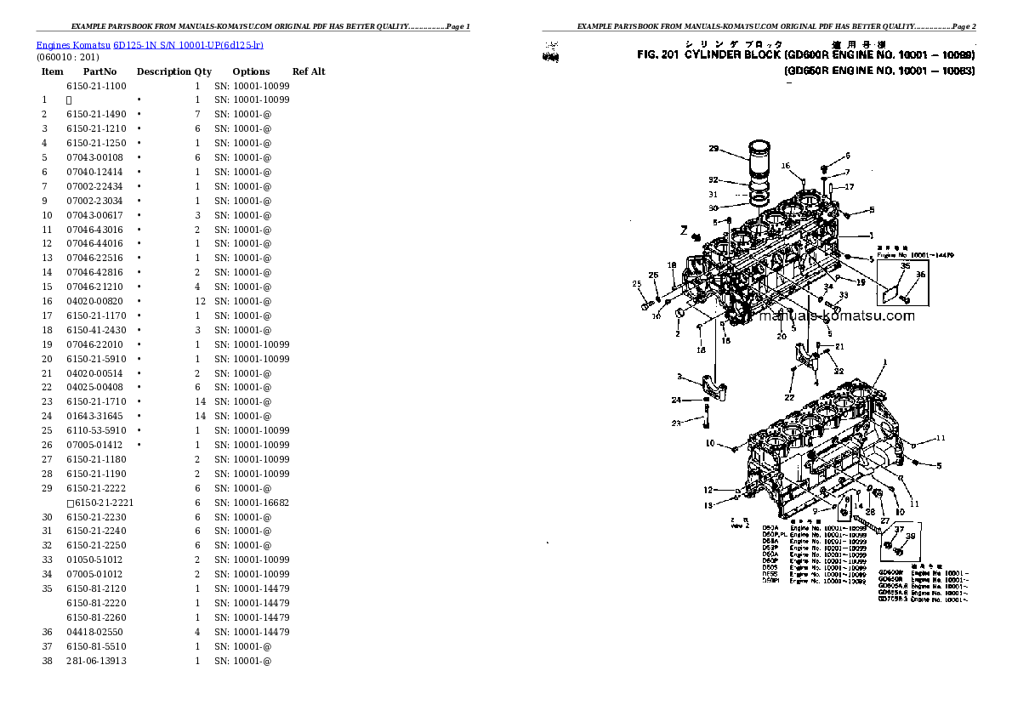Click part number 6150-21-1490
coord(95,114)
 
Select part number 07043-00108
coord(94,157)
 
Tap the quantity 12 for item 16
coord(200,301)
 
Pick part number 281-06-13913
coord(96,661)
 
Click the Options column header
coord(251,71)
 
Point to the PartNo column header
coord(99,71)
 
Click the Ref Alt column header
coord(309,71)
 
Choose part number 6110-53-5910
coord(95,430)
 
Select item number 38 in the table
coord(47,661)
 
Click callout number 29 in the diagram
coord(714,149)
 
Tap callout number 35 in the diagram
coord(906,266)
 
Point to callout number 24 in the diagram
coord(676,400)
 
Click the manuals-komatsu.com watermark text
coord(836,316)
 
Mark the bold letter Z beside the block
coord(682,230)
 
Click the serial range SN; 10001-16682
coord(251,503)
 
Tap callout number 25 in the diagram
coord(636,284)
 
